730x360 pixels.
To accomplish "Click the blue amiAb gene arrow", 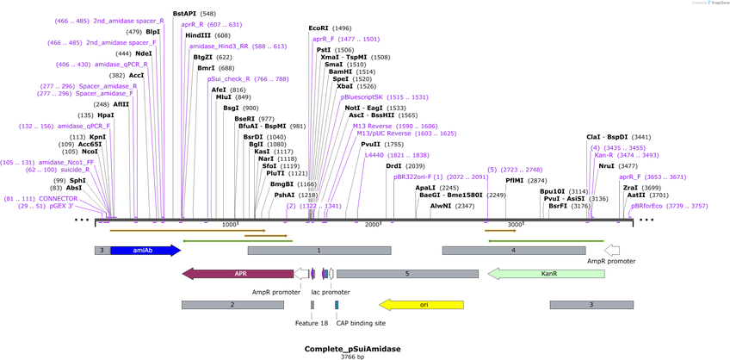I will coord(145,251).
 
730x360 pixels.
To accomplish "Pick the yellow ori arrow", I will coord(422,305).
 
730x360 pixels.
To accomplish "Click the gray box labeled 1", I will coord(319,251).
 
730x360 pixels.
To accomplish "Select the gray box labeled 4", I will coord(513,251).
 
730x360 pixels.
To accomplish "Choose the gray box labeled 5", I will coord(406,274).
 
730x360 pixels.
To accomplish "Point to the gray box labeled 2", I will coord(232,305).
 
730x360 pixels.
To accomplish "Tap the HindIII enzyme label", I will coord(201,35).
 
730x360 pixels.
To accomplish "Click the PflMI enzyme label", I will coord(515,181).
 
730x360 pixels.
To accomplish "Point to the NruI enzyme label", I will coord(607,165).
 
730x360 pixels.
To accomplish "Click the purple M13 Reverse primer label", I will coord(372,126).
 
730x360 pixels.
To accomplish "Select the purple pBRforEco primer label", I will coord(647,206).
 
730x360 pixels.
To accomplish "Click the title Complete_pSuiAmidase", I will coord(353,348).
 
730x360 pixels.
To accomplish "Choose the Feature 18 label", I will coord(312,323).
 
